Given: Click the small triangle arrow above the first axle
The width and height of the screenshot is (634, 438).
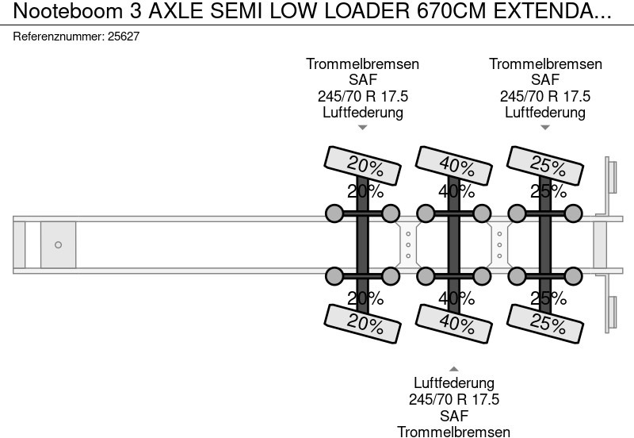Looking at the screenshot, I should click(x=363, y=128).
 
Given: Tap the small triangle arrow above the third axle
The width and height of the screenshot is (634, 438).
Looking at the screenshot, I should click(x=545, y=128).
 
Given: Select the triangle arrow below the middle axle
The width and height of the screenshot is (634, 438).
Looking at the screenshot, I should click(x=454, y=368).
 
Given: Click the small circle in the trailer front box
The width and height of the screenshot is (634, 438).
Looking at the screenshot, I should click(x=58, y=245).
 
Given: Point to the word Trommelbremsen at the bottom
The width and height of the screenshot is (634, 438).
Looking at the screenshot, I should click(x=454, y=431).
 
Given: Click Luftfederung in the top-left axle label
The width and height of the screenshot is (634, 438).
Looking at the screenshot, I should click(x=363, y=112).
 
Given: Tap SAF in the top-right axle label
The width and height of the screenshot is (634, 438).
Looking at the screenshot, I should click(x=545, y=80).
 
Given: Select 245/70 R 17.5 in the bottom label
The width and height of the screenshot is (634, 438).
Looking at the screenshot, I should click(x=454, y=399).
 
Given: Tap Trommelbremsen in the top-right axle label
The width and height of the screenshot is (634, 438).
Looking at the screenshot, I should click(x=545, y=64).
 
